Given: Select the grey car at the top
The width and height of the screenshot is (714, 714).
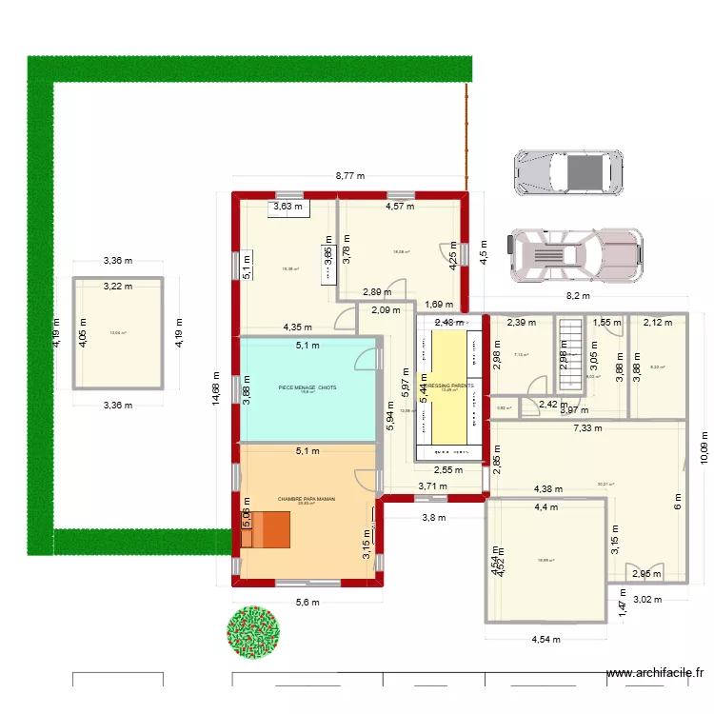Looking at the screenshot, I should (568, 172).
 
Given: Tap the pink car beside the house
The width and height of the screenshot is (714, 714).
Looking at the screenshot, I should (574, 254).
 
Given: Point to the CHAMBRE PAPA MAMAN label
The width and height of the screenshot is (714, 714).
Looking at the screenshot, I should (307, 499).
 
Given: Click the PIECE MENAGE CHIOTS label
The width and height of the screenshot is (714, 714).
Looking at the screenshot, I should (307, 387).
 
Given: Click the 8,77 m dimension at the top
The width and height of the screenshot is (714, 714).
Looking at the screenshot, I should (350, 176).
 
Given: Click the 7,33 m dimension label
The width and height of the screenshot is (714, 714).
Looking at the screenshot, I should (587, 429).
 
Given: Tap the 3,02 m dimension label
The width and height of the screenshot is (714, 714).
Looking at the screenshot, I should (646, 600).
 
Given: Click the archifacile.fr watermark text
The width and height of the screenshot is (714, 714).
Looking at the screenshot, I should (657, 671).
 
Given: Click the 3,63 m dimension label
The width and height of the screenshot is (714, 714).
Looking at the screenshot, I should (288, 206).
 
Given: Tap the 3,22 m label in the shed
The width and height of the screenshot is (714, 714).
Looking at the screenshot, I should (118, 285).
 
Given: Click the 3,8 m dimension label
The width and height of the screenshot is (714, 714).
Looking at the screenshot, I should (434, 518).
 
